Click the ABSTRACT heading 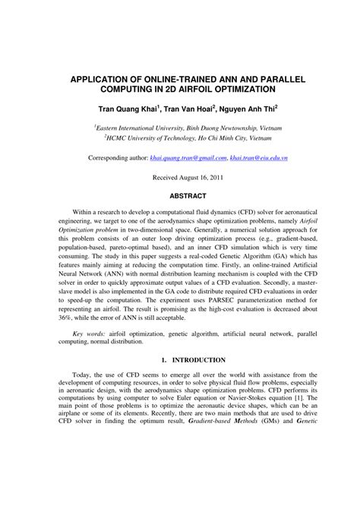(180, 194)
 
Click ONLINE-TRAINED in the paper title (166, 79)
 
